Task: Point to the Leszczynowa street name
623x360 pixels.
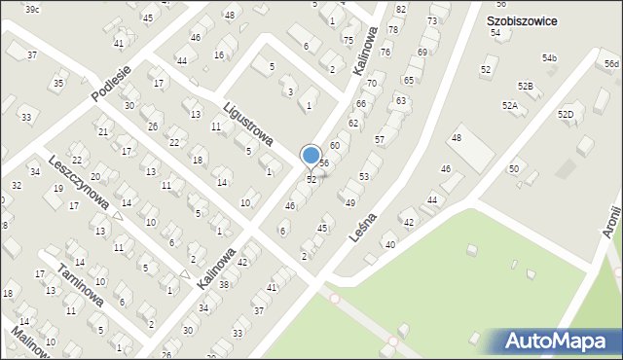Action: pos(78,182)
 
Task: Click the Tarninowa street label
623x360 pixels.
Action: pos(80,284)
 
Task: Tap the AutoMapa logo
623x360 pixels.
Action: pos(555,342)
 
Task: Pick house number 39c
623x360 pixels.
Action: pos(32,9)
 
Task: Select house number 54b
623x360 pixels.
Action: pos(550,59)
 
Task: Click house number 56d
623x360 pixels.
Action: pos(611,64)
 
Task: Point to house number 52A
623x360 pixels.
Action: pos(509,105)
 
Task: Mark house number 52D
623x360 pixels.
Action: pos(566,115)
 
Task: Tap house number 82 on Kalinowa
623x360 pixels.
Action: pos(400,9)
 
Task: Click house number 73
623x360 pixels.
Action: pos(431,20)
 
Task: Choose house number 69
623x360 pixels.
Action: pos(421,53)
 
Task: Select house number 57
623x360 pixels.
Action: pos(380,140)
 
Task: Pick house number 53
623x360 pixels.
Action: pos(364,176)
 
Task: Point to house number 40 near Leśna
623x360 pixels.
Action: pos(390,244)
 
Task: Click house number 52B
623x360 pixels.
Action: pos(525,87)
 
